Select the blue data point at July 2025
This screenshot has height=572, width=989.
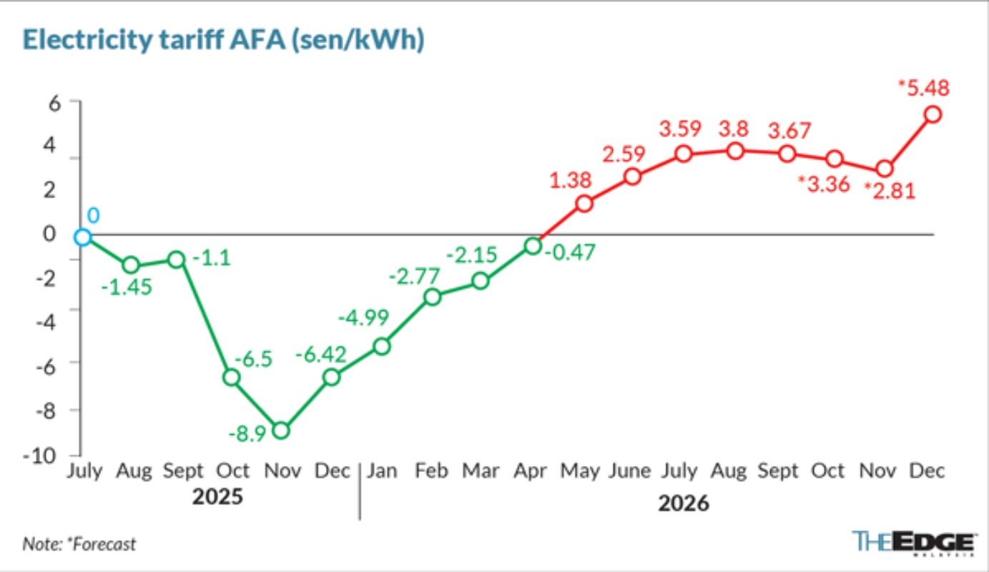(82, 237)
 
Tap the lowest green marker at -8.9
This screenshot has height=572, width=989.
(281, 430)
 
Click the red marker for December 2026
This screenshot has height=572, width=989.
(933, 114)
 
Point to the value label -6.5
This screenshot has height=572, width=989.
(253, 359)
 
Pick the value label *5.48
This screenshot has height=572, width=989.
(924, 88)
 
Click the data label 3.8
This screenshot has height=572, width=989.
(734, 129)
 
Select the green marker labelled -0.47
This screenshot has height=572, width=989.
(533, 246)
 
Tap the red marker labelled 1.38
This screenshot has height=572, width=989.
(584, 204)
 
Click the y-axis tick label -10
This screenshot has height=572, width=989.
(40, 455)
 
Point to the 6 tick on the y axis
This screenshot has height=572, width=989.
(54, 104)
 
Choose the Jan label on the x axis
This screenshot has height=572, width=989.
(382, 470)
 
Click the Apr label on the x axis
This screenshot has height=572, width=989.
(531, 471)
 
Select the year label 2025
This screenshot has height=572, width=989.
(217, 496)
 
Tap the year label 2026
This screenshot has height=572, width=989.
(684, 503)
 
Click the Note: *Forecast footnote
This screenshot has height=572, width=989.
(79, 544)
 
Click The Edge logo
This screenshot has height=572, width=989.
(915, 543)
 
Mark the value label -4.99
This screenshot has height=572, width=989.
(363, 317)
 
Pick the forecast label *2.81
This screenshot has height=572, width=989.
(890, 191)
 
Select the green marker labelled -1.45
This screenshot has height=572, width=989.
(132, 265)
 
